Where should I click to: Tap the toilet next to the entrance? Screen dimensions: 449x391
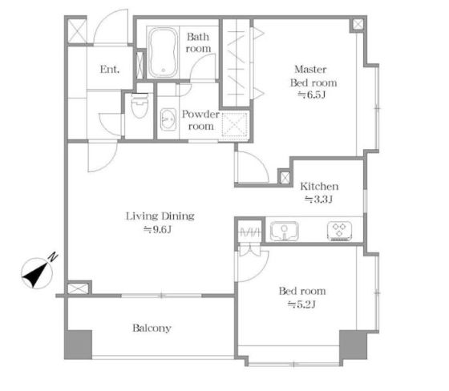(x=140, y=105)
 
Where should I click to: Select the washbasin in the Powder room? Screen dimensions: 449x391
(x=168, y=119)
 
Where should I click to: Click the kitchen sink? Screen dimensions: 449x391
(x=285, y=231)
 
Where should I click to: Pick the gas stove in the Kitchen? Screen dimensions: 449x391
(x=340, y=231)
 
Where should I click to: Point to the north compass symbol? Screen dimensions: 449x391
(x=38, y=272)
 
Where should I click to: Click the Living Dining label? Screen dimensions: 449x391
(x=160, y=216)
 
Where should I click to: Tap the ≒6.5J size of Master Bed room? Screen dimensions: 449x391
(x=312, y=95)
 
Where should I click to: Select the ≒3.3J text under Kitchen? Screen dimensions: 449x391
(x=318, y=199)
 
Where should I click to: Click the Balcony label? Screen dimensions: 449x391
(x=152, y=328)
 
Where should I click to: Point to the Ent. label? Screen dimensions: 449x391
(x=110, y=69)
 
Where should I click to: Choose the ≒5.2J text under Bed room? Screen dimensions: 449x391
(x=301, y=304)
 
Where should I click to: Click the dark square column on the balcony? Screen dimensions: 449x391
(x=79, y=345)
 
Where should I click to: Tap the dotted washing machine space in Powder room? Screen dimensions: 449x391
(x=234, y=125)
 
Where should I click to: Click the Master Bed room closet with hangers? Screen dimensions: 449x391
(x=237, y=62)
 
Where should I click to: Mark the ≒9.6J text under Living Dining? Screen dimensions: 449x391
(x=157, y=230)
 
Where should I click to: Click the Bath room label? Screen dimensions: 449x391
(x=198, y=42)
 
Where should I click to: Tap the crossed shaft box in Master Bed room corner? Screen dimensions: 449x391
(x=358, y=24)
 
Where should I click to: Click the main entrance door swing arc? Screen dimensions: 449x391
(x=103, y=23)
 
